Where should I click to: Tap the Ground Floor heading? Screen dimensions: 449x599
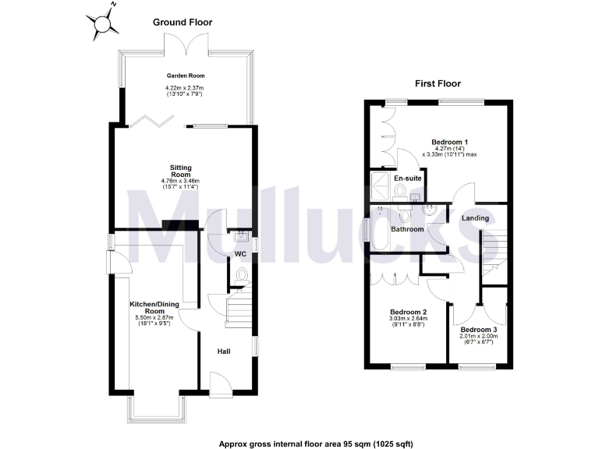point(183,23)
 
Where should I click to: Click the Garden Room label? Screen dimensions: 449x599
point(184,76)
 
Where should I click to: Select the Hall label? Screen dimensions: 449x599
point(224,352)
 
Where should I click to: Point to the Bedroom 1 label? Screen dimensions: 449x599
point(450,142)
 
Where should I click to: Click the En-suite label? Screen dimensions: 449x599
point(407,179)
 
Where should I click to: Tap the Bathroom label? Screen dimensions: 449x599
point(407,229)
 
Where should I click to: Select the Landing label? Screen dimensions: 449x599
point(475,218)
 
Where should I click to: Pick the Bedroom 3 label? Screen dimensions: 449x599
point(479,330)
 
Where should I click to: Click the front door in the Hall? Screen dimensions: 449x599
point(218,383)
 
